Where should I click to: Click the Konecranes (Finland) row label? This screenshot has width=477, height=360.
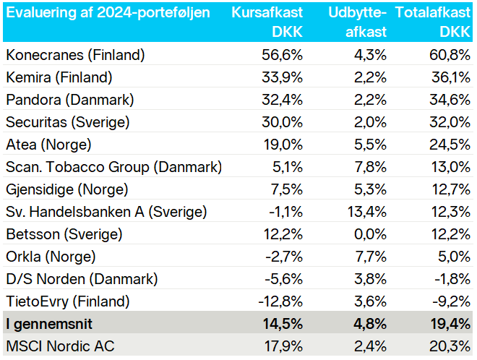[75, 55]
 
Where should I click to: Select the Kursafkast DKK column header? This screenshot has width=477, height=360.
[267, 22]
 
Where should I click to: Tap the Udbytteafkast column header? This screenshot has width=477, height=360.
[358, 22]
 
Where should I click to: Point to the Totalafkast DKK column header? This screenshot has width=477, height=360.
[433, 22]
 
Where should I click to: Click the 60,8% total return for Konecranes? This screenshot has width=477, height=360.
[450, 55]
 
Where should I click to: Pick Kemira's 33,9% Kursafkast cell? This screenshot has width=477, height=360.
[283, 77]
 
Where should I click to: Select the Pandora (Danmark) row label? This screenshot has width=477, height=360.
[70, 100]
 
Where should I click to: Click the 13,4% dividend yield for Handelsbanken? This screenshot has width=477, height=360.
[367, 212]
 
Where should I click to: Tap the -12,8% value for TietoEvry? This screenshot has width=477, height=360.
[280, 301]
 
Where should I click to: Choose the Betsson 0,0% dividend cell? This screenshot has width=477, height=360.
[370, 234]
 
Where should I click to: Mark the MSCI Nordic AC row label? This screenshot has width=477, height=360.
[60, 346]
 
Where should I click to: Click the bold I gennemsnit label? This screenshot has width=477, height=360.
[49, 324]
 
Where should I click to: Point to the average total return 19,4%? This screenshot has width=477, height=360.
[450, 324]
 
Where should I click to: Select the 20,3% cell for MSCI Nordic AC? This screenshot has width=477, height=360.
[450, 346]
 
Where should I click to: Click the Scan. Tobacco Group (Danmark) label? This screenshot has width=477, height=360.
[113, 167]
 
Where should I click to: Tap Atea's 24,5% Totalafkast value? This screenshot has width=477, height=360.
[450, 145]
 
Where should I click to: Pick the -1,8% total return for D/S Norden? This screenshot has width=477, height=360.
[452, 279]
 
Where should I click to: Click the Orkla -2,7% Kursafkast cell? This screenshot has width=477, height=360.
[284, 257]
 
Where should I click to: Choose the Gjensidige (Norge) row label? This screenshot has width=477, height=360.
[67, 189]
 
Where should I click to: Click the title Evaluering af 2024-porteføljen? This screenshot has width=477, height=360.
[108, 13]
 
